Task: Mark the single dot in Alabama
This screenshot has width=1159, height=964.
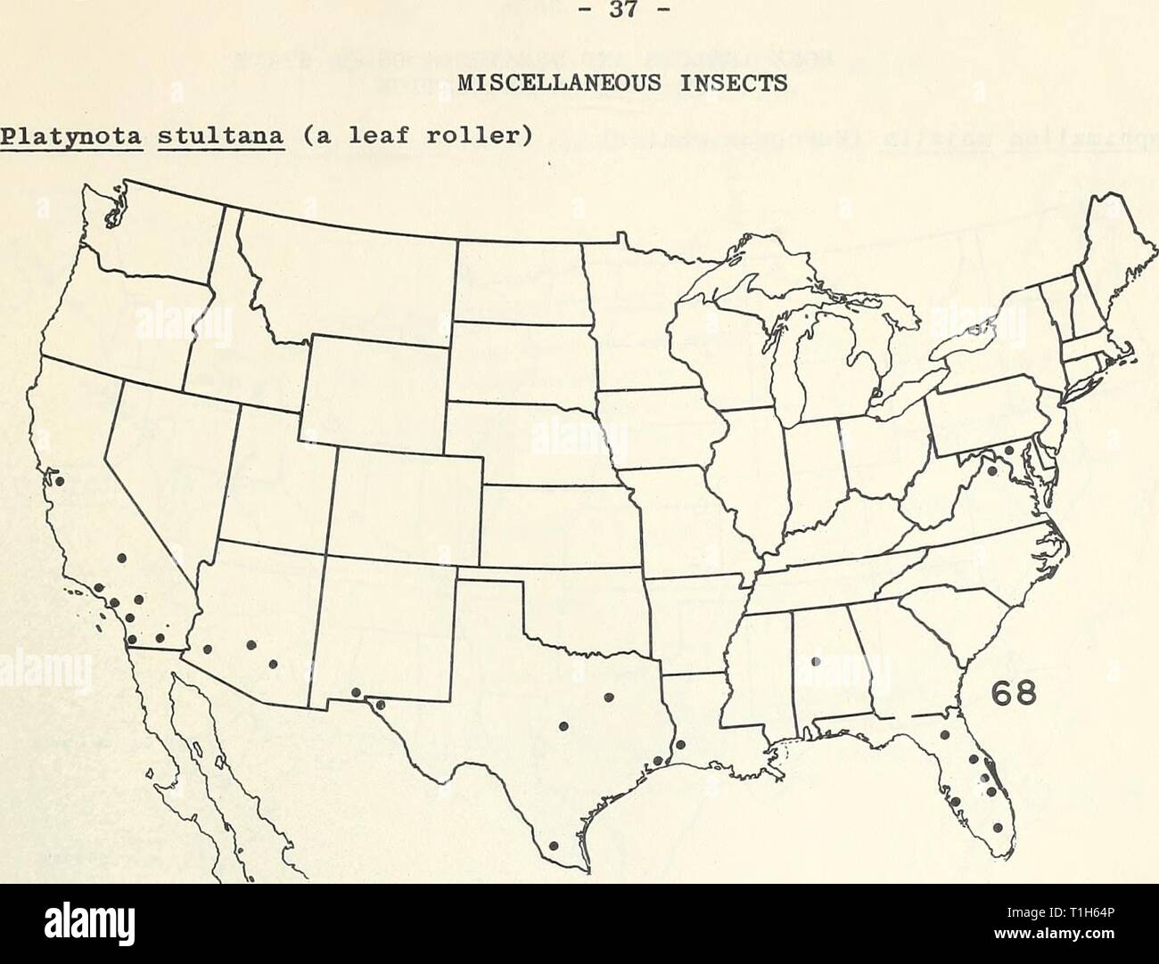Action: point(814,661)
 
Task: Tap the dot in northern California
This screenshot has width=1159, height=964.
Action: point(60,481)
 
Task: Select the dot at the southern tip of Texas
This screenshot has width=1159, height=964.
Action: point(553,846)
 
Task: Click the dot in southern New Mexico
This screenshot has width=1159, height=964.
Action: point(356,692)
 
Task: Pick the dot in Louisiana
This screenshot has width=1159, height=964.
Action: point(680,746)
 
